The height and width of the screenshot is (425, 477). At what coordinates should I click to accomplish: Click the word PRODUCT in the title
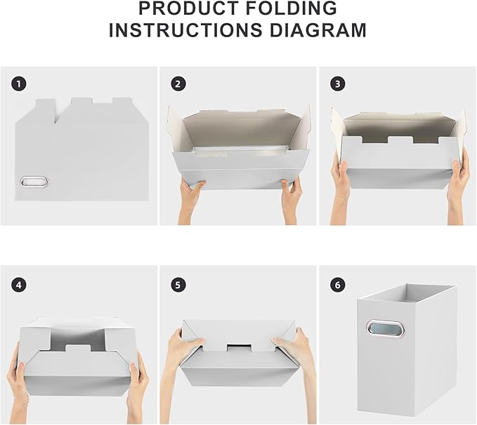[x=189, y=8]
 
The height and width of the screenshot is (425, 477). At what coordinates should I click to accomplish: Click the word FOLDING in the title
[x=292, y=8]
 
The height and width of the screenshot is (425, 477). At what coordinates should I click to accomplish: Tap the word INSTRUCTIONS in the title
[x=186, y=29]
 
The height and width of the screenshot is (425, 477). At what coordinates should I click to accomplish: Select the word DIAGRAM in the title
[x=318, y=29]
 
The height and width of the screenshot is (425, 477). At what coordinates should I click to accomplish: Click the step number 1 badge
[x=19, y=84]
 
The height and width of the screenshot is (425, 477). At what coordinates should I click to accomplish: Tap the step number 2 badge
[x=178, y=84]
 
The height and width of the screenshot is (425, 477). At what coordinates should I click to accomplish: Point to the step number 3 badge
[x=338, y=84]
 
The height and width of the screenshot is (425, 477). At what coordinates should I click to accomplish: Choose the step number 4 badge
[x=19, y=285]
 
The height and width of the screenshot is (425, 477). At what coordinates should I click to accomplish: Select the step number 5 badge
[x=178, y=285]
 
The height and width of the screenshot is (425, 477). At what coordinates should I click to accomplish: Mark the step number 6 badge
[x=338, y=285]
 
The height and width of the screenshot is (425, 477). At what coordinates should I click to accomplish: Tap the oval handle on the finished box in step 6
[x=386, y=329]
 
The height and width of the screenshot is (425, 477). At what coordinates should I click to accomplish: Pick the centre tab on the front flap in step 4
[x=78, y=349]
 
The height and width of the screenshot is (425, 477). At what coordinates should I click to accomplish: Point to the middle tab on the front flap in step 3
[x=400, y=140]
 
